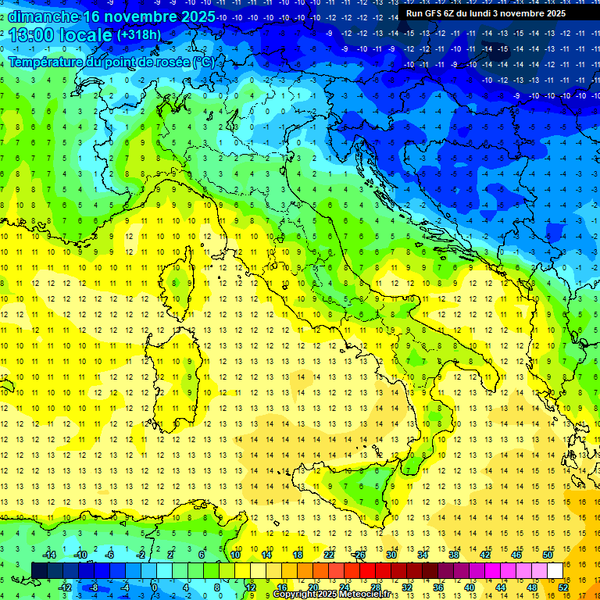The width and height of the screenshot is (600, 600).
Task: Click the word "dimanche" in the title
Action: pos(44,16)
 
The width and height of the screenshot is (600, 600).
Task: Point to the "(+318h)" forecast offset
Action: pos(139,35)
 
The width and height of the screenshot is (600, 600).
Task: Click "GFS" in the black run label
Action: pos(432,13)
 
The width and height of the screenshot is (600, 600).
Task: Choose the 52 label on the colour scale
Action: pos(563,587)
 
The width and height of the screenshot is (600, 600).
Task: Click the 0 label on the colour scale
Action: pos(155,587)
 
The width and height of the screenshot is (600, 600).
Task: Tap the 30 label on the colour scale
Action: pos(391,555)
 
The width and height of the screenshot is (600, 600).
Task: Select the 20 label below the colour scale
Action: pos(313,587)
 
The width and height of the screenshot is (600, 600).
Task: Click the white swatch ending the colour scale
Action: pos(555,570)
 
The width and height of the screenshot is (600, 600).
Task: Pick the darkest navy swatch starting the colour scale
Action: pos(40,570)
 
